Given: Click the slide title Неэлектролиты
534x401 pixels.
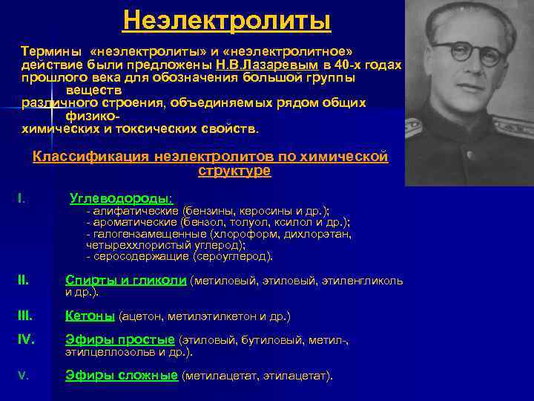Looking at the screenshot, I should click(x=226, y=20).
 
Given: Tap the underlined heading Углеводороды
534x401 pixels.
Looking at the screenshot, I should click(x=121, y=198).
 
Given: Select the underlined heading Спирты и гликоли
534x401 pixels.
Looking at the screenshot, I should click(x=125, y=280).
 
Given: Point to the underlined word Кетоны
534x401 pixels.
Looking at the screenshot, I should click(x=90, y=316).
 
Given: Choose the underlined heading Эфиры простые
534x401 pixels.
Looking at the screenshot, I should click(x=120, y=339).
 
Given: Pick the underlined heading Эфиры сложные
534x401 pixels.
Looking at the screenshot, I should click(x=122, y=375).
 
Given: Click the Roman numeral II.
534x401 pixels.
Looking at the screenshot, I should click(x=23, y=280).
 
